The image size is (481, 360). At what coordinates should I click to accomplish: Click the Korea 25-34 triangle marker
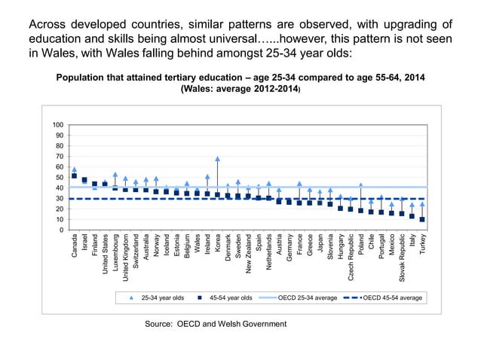pyautogui.click(x=217, y=159)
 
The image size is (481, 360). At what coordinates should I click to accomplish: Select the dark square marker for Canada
pyautogui.click(x=74, y=176)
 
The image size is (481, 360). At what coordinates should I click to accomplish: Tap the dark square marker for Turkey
pyautogui.click(x=422, y=220)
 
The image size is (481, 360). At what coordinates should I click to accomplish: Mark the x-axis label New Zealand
pyautogui.click(x=248, y=257)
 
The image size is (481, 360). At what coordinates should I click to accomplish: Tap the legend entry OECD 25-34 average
pyautogui.click(x=307, y=298)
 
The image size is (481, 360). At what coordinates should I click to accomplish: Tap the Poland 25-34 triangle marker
pyautogui.click(x=361, y=185)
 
